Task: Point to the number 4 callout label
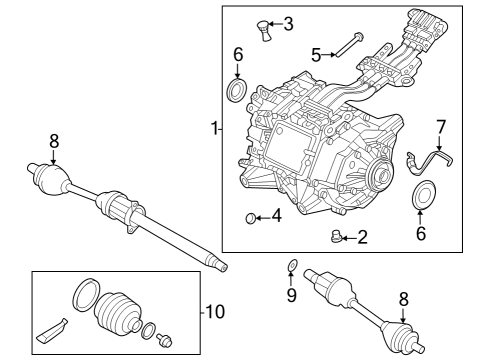coord(276,215)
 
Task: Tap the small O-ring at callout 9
coord(290,266)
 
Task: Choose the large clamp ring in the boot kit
coord(85,295)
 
